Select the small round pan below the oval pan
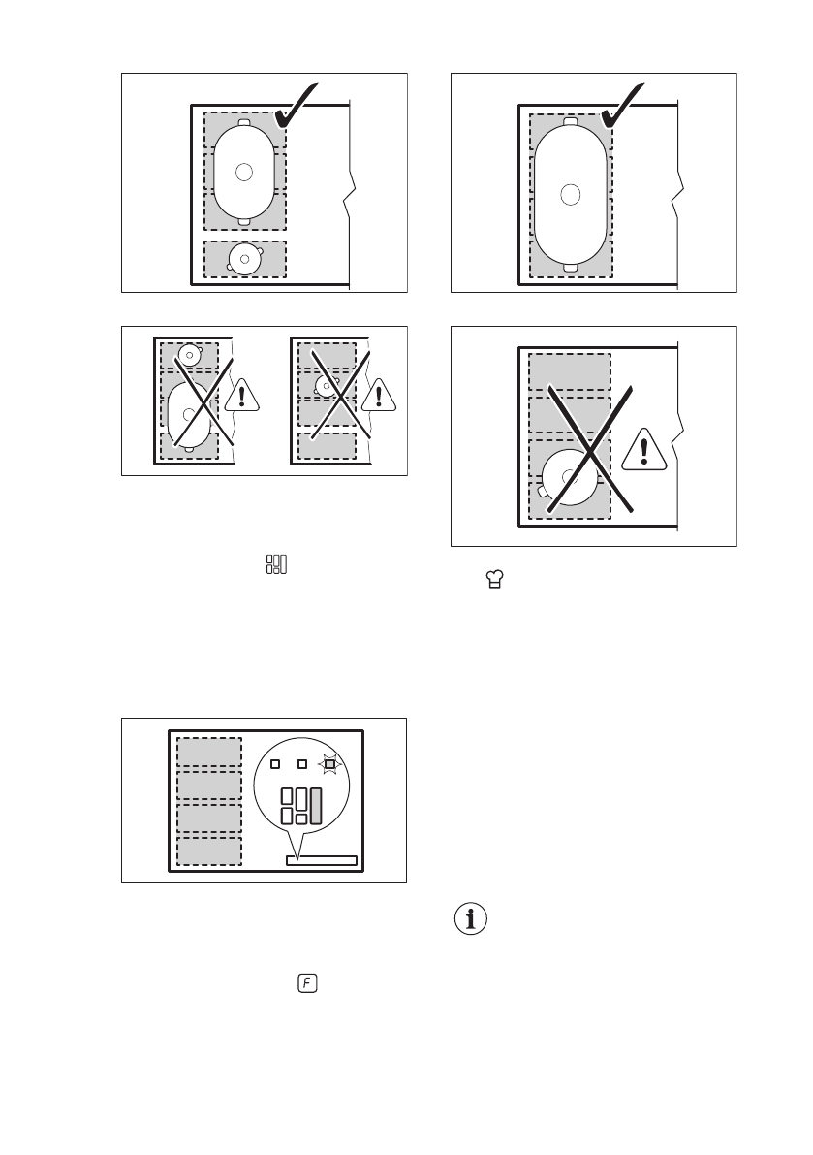(244, 259)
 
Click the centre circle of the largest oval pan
(571, 194)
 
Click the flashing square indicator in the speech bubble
(329, 764)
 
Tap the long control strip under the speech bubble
(321, 860)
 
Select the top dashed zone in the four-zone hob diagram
(208, 753)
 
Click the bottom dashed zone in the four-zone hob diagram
(208, 851)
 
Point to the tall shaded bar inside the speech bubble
(316, 807)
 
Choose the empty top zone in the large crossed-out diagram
(570, 371)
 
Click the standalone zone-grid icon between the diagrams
(277, 563)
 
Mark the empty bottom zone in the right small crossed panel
(328, 445)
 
